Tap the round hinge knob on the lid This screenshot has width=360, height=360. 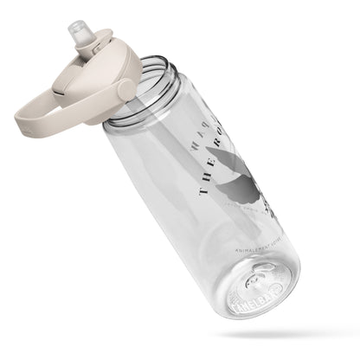coord(126,89)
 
